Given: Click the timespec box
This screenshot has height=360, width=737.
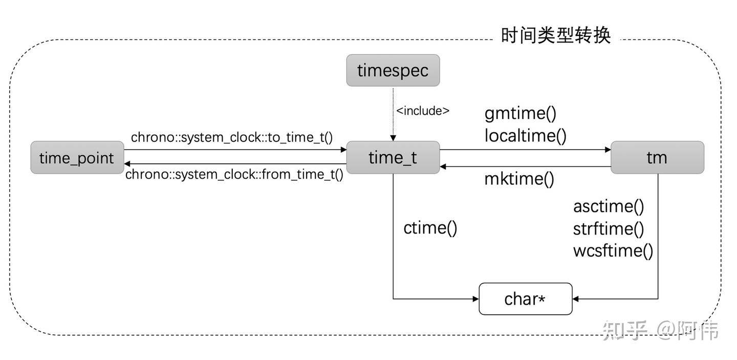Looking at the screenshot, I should coord(393,70).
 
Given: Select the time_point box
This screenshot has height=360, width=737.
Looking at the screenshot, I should coord(77,158).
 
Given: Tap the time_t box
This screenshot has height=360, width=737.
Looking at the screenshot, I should coord(393,158).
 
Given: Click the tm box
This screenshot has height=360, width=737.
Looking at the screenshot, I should coord(657,158).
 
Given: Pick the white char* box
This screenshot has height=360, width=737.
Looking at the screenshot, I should coord(525,299).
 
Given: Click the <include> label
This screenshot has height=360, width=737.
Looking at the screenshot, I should coord(423,111).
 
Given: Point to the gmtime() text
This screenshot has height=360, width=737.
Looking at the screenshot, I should coord(520,113).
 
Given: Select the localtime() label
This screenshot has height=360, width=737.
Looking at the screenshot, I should coord(525,136).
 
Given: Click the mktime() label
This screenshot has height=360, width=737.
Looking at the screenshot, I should coord(519,179).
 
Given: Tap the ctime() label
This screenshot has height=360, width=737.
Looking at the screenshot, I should coord(430,227).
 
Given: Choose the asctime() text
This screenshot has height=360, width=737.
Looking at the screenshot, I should coord(608,206).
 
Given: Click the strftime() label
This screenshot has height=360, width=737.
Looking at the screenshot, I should coord(608,229).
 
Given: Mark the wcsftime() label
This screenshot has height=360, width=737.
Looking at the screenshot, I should coord(613,251).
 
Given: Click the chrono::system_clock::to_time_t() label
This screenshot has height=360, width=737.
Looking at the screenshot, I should coord(232,137).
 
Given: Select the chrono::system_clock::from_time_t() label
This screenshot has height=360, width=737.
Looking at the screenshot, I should coord(234,174).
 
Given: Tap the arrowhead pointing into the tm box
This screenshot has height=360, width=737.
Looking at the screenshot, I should coord(608,150).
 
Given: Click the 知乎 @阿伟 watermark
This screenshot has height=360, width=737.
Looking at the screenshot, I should coord(660,330).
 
